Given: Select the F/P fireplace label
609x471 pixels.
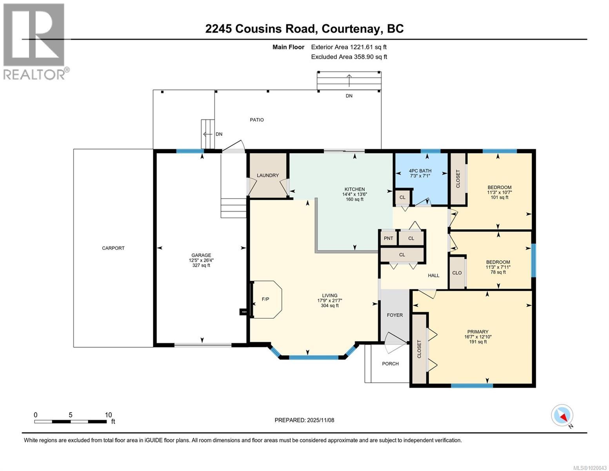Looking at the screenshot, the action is pyautogui.click(x=265, y=299).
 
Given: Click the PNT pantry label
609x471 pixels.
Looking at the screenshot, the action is pyautogui.click(x=388, y=238).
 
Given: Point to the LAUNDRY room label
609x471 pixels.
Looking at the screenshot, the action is pyautogui.click(x=268, y=175).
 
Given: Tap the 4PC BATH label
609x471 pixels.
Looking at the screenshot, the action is pyautogui.click(x=420, y=171).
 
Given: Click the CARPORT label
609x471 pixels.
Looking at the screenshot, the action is pyautogui.click(x=113, y=248).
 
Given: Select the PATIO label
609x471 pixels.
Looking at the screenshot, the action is pyautogui.click(x=257, y=120).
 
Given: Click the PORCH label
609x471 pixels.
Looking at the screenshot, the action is pyautogui.click(x=390, y=363).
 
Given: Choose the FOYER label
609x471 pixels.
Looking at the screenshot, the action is pyautogui.click(x=394, y=315).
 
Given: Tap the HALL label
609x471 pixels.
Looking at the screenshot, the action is pyautogui.click(x=433, y=276).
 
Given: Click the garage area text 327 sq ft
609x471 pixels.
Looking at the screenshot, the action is pyautogui.click(x=201, y=265).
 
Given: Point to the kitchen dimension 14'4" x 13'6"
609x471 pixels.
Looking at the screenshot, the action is pyautogui.click(x=354, y=194).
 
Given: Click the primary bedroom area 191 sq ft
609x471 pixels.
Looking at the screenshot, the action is pyautogui.click(x=478, y=342).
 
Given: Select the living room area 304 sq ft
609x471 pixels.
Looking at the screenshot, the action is pyautogui.click(x=329, y=305).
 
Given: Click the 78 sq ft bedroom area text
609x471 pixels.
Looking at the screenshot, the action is pyautogui.click(x=498, y=272).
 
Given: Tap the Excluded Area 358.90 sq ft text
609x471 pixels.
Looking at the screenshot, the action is pyautogui.click(x=349, y=57).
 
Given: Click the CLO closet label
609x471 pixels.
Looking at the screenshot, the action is pyautogui.click(x=457, y=273).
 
